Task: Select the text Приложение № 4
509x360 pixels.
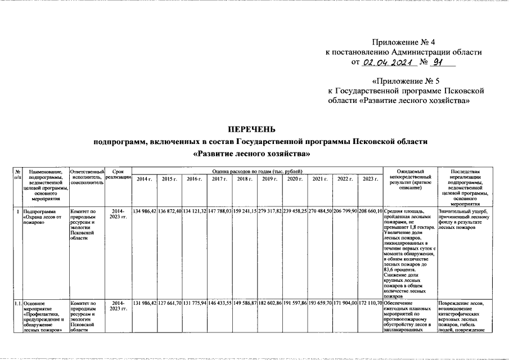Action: click(x=404, y=42)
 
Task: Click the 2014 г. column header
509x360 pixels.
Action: click(x=144, y=178)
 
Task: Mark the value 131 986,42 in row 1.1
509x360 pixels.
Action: click(x=144, y=304)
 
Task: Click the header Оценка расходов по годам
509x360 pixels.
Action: click(x=257, y=170)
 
